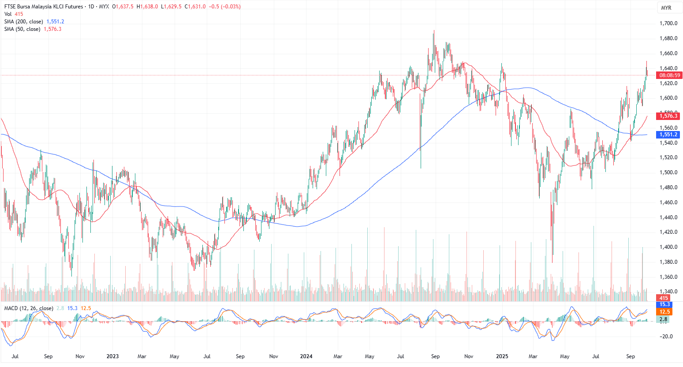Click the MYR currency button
coord(666,8)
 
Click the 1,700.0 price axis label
coord(668,23)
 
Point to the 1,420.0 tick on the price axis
coord(668,232)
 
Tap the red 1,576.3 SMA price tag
coord(668,116)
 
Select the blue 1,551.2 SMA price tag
coord(668,135)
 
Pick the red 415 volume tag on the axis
coord(664,298)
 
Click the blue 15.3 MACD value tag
coord(664,304)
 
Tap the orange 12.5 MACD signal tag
coord(664,312)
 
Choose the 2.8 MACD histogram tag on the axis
coord(664,319)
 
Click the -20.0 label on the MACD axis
coord(666,337)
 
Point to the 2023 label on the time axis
coord(112,356)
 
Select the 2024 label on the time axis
coord(306,356)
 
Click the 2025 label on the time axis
coord(502,356)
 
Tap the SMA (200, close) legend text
coord(24,22)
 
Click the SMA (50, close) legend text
coord(22,29)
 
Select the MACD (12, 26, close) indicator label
coord(29,308)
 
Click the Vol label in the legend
coord(8,14)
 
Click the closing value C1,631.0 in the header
coord(196,7)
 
